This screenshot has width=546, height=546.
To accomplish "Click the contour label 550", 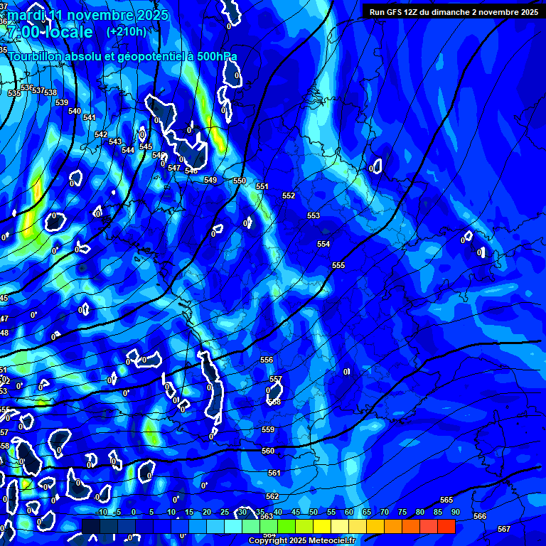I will click(x=240, y=181).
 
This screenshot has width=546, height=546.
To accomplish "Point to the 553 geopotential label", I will click(x=314, y=215).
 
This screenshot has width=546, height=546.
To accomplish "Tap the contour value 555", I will click(x=338, y=265).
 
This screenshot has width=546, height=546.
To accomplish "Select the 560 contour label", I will click(x=268, y=451).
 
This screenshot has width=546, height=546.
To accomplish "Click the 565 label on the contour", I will click(x=446, y=500).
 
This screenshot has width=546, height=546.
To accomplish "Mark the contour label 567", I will click(x=504, y=529).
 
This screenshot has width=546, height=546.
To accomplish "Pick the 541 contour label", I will click(x=89, y=118).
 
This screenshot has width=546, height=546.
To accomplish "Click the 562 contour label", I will click(x=272, y=496).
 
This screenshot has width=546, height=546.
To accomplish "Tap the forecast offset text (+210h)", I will click(x=127, y=31).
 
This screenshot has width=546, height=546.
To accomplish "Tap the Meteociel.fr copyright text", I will click(x=301, y=541).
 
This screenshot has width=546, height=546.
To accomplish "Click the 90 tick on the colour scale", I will click(x=455, y=512).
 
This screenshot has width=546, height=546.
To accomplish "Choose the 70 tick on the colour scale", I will click(x=385, y=512).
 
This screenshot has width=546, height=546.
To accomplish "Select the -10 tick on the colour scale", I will click(x=102, y=512).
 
